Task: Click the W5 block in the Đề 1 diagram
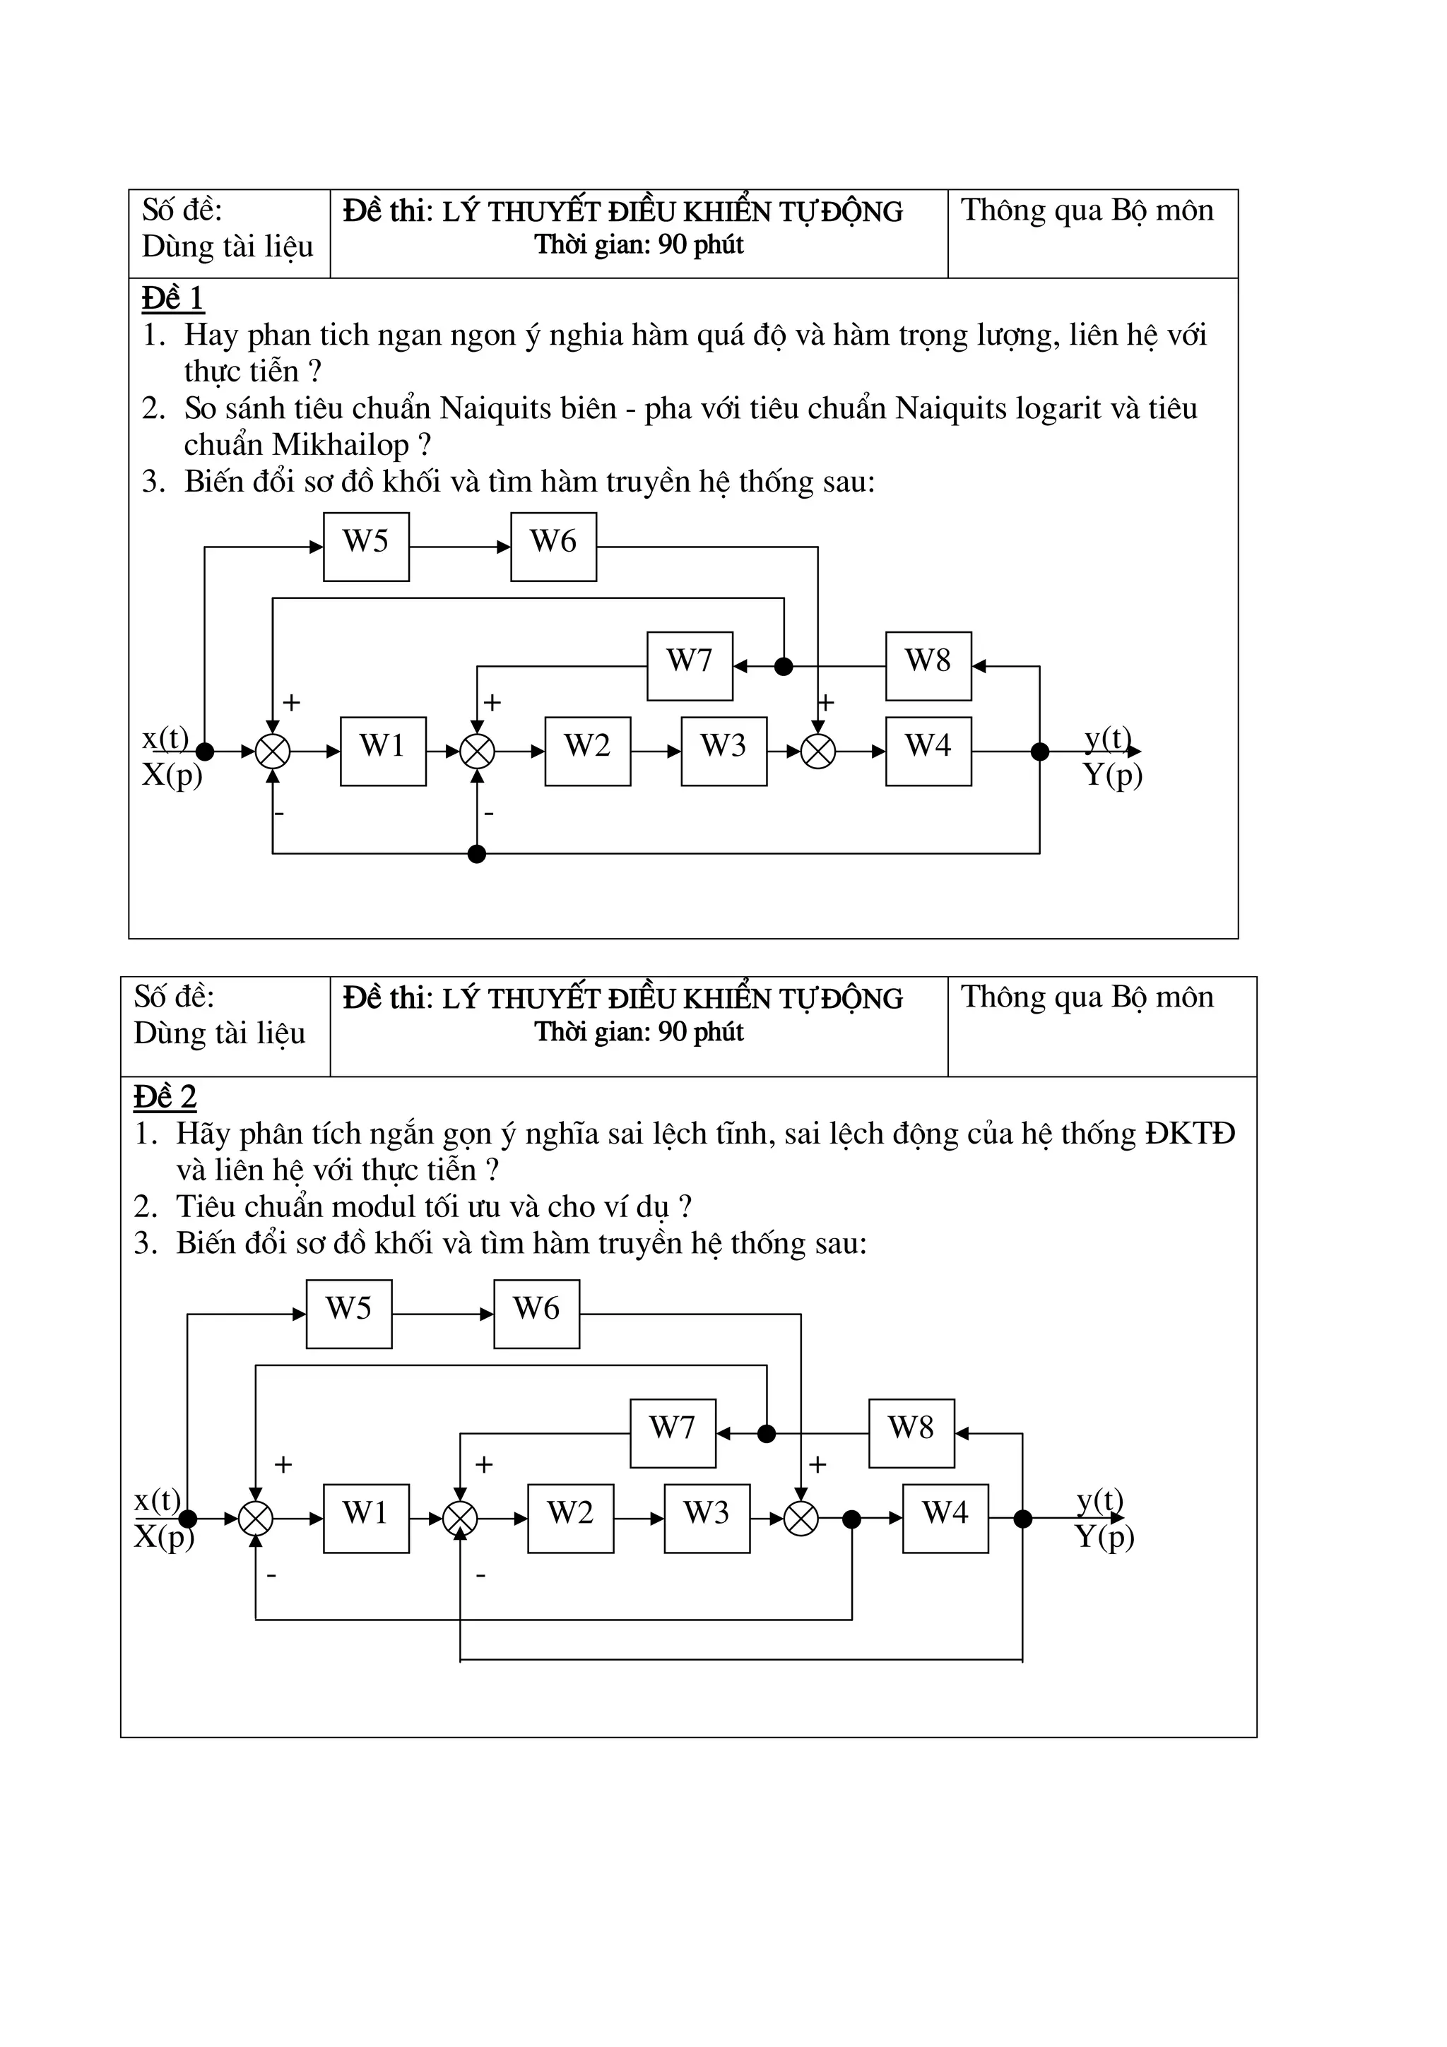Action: (365, 547)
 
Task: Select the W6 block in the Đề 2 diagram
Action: (536, 1314)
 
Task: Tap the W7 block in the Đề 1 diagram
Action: (689, 666)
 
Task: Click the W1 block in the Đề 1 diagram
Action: (382, 751)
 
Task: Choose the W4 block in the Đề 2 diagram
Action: (945, 1519)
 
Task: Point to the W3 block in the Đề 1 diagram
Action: (723, 751)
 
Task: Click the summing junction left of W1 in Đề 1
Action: (273, 752)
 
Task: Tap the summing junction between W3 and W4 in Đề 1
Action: (817, 752)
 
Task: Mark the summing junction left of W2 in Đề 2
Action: (460, 1519)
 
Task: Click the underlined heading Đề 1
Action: (173, 298)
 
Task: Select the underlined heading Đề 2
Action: (165, 1096)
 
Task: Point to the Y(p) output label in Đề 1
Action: (1113, 775)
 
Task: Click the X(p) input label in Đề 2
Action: (164, 1537)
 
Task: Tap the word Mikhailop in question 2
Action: (341, 444)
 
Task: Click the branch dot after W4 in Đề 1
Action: (1039, 752)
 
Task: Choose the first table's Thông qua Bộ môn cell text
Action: (1087, 210)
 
